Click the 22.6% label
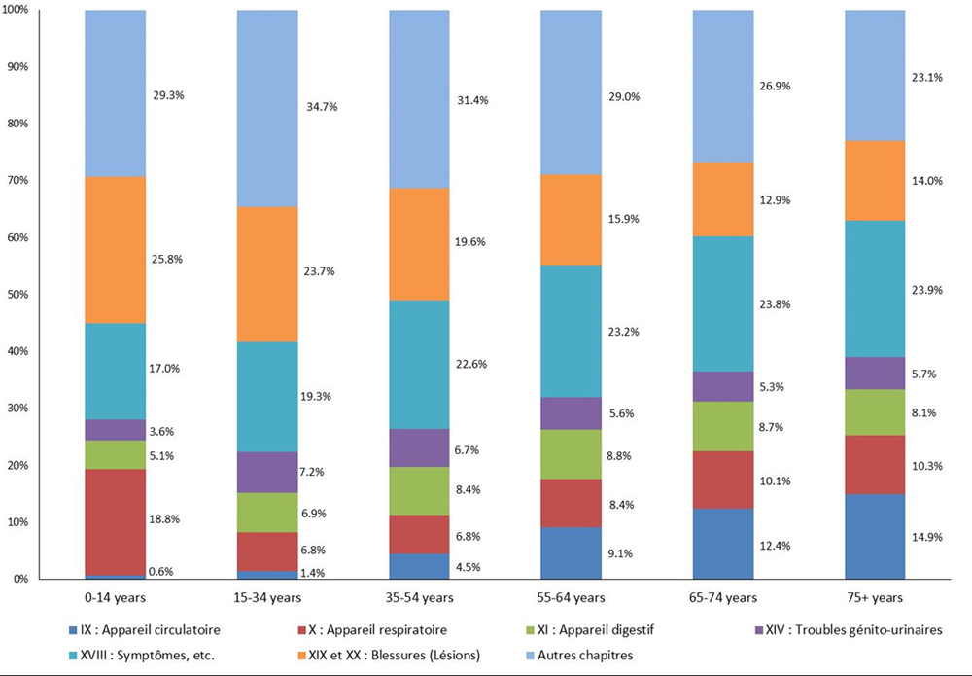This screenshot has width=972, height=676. click(x=472, y=364)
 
